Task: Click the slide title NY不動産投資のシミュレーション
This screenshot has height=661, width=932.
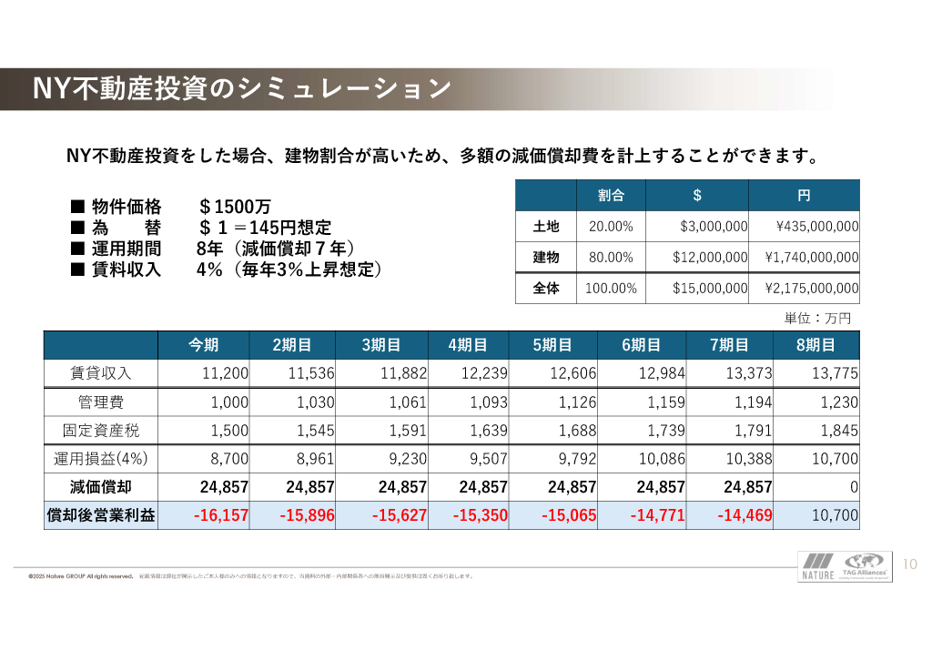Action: (242, 88)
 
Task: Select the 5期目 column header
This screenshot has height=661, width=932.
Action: (552, 345)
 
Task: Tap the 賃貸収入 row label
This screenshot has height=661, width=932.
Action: (101, 373)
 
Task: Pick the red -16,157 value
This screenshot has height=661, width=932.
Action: (221, 515)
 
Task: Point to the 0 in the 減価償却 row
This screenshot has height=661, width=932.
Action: (854, 487)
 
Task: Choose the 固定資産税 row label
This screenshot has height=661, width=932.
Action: (101, 430)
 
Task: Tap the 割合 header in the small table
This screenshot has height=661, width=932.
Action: (611, 196)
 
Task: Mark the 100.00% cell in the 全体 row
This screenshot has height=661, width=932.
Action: (611, 289)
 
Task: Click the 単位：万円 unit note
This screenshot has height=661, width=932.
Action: (817, 319)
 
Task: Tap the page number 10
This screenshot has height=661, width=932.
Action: (910, 565)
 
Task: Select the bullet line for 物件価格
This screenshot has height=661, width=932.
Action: (170, 207)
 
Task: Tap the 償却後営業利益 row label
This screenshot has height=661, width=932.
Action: (101, 515)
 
